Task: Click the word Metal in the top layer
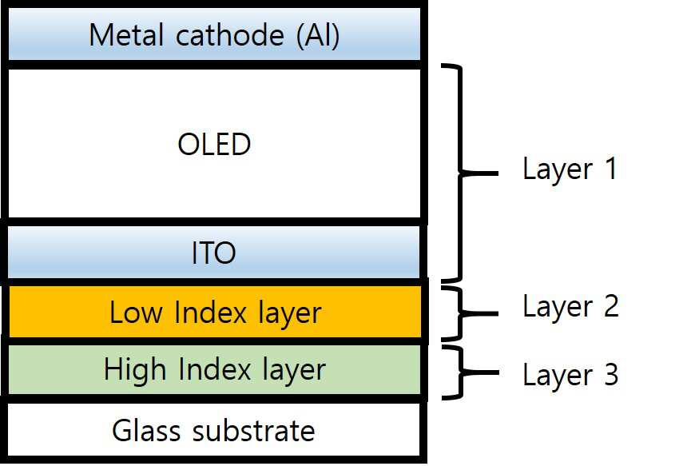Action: pyautogui.click(x=127, y=34)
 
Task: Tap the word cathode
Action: pyautogui.click(x=229, y=34)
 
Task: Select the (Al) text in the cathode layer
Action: pyautogui.click(x=318, y=35)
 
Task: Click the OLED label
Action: pyautogui.click(x=214, y=144)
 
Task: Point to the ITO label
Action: pyautogui.click(x=214, y=253)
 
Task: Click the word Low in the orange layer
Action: pyautogui.click(x=135, y=313)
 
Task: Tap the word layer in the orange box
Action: pyautogui.click(x=290, y=314)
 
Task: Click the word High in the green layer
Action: pyautogui.click(x=135, y=369)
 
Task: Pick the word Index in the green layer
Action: pyautogui.click(x=215, y=369)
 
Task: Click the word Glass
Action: pyautogui.click(x=146, y=431)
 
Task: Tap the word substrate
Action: pyautogui.click(x=254, y=431)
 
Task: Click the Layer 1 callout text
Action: pyautogui.click(x=570, y=169)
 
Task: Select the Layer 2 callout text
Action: pyautogui.click(x=571, y=307)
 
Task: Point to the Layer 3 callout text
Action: pyautogui.click(x=571, y=376)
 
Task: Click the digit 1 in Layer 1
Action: pyautogui.click(x=611, y=168)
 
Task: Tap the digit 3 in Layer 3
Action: pyautogui.click(x=611, y=374)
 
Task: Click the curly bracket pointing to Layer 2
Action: pyautogui.click(x=461, y=313)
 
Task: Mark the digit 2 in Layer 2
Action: pyautogui.click(x=612, y=305)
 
